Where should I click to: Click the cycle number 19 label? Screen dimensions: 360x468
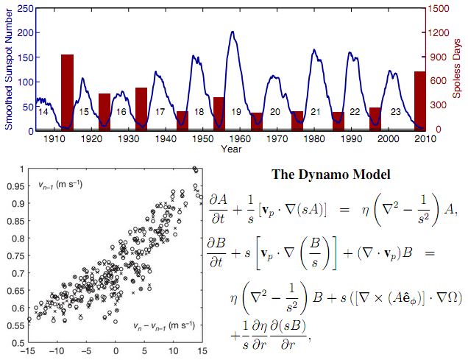click(236, 112)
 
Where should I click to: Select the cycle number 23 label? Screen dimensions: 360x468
click(395, 112)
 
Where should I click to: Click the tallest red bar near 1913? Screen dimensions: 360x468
click(67, 92)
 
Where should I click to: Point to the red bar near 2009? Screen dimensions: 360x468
click(419, 101)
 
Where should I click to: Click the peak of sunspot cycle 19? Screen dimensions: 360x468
click(233, 32)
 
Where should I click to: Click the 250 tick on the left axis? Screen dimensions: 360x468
click(24, 8)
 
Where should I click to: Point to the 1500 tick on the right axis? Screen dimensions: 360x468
click(440, 8)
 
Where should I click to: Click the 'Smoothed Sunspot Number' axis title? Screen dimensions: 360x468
click(8, 68)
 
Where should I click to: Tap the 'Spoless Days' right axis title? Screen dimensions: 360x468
click(461, 68)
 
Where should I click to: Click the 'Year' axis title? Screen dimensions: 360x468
click(230, 149)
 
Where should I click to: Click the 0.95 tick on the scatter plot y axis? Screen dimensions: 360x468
click(13, 187)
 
